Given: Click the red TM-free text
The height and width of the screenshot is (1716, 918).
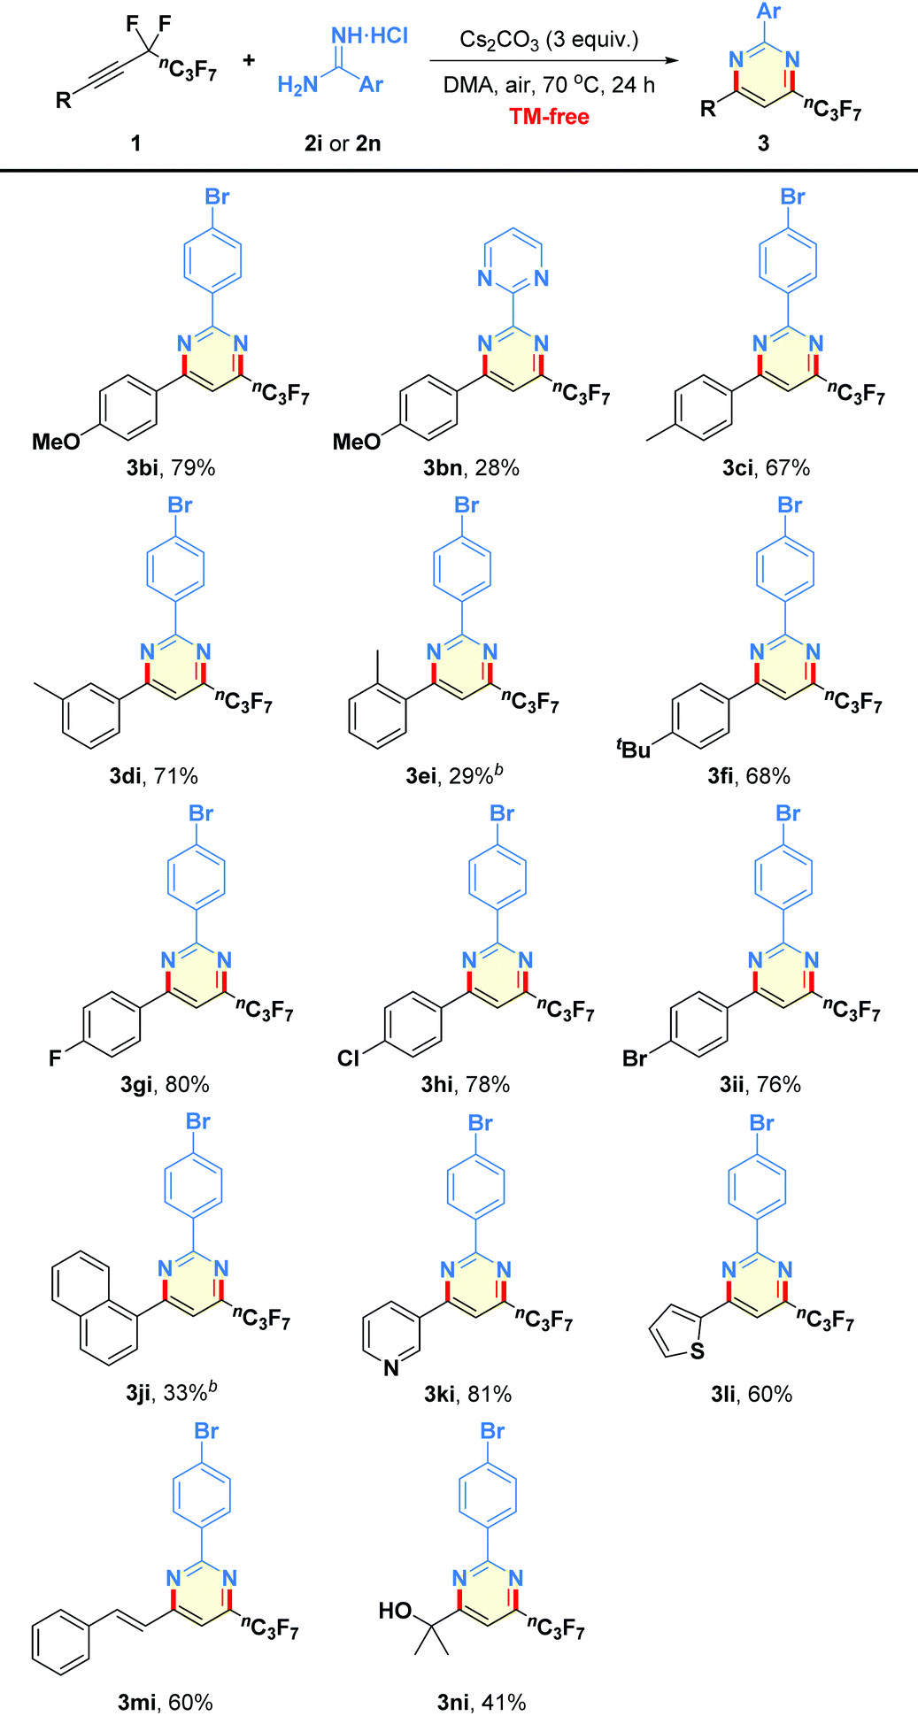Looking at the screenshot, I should pyautogui.click(x=549, y=116).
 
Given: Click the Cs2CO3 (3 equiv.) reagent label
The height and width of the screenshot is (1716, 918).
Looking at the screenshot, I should pyautogui.click(x=549, y=40).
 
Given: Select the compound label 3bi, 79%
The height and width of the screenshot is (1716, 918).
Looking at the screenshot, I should pyautogui.click(x=170, y=467).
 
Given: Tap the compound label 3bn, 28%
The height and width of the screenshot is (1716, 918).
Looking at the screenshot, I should pyautogui.click(x=471, y=467).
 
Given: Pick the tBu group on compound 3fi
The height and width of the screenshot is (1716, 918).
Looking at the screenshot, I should pyautogui.click(x=633, y=749).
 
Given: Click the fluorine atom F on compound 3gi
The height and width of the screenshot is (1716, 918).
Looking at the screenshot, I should pyautogui.click(x=55, y=1058).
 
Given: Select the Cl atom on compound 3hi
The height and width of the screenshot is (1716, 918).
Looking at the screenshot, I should pyautogui.click(x=349, y=1058).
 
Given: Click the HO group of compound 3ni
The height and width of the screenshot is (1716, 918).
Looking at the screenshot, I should pyautogui.click(x=395, y=1610).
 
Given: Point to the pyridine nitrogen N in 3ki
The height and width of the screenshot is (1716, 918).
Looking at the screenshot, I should pyautogui.click(x=391, y=1368).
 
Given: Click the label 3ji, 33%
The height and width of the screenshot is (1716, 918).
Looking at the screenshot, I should pyautogui.click(x=171, y=1393).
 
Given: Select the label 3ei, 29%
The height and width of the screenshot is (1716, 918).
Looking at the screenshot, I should pyautogui.click(x=455, y=776).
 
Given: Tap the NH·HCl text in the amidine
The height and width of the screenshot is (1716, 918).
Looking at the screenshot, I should pyautogui.click(x=369, y=35).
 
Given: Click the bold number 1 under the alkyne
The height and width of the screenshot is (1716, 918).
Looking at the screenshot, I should pyautogui.click(x=135, y=142).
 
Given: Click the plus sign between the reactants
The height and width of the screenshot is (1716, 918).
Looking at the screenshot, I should pyautogui.click(x=249, y=59).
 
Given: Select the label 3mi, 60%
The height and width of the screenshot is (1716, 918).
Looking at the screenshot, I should pyautogui.click(x=166, y=1701).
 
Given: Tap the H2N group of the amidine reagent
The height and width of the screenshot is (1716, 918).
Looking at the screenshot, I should pyautogui.click(x=297, y=85).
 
